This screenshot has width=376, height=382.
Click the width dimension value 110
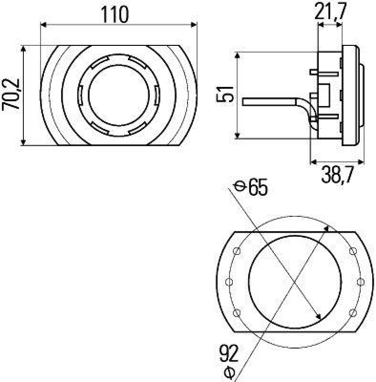115,14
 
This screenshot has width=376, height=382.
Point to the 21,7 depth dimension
331,12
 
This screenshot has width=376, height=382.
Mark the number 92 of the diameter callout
230,354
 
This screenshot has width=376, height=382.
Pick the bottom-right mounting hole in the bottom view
353,313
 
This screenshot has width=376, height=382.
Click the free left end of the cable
244,102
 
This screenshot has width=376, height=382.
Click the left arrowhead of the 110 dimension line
44,25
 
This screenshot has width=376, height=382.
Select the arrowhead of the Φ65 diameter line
318,317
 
